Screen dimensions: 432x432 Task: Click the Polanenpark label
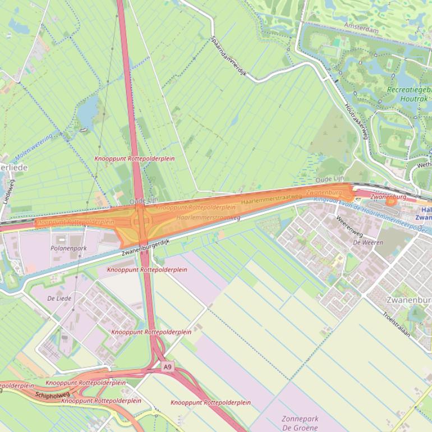tap(68, 247)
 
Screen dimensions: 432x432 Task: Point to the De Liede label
tap(59, 298)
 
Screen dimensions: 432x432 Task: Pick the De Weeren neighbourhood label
tap(367, 242)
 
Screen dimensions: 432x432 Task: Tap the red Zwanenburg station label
tap(388, 197)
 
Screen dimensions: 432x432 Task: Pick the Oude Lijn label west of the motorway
tap(144, 200)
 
